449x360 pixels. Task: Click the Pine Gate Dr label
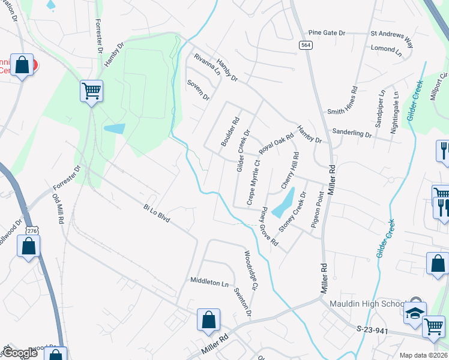pyautogui.click(x=327, y=33)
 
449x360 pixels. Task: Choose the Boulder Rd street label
pyautogui.click(x=230, y=131)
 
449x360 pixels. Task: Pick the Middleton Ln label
pyautogui.click(x=209, y=281)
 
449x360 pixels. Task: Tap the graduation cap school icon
pyautogui.click(x=415, y=312)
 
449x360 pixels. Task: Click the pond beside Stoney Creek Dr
pyautogui.click(x=283, y=203)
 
